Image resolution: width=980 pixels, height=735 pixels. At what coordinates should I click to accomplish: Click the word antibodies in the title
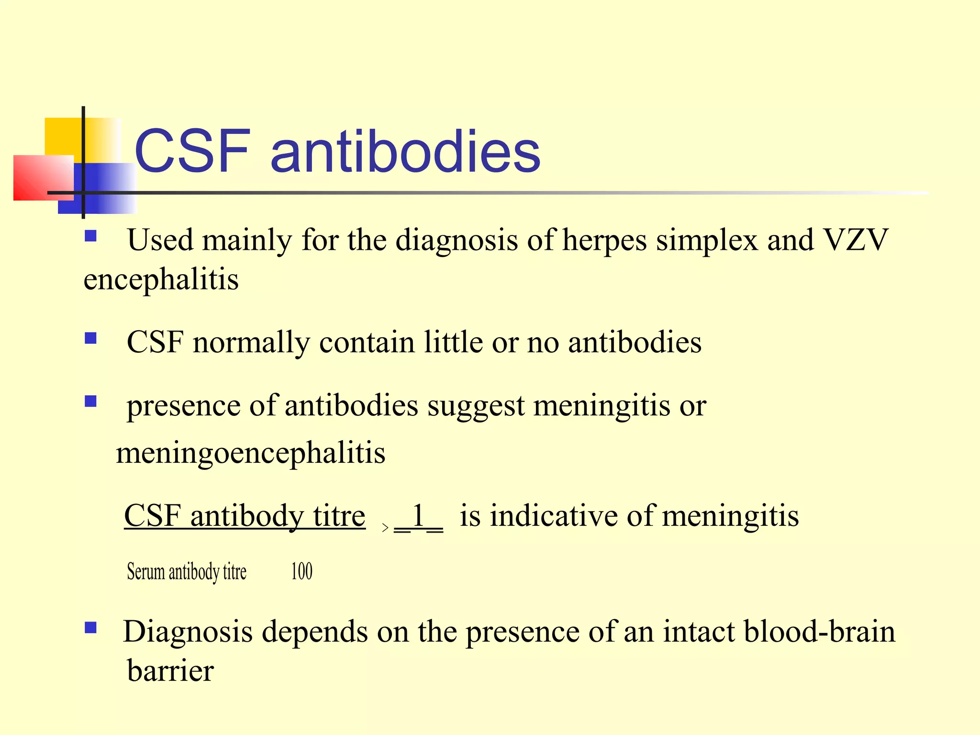click(x=405, y=152)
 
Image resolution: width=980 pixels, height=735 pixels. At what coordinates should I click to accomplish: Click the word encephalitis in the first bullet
click(x=161, y=279)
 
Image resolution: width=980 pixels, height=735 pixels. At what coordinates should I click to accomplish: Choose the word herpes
click(x=604, y=241)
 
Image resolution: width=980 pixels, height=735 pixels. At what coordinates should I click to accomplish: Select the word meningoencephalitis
click(x=251, y=453)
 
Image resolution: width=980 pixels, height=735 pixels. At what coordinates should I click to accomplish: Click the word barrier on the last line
click(x=170, y=671)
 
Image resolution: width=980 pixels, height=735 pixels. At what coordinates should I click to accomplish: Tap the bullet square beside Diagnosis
click(x=90, y=627)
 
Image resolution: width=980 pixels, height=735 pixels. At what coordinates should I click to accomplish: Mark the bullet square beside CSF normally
click(x=90, y=339)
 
